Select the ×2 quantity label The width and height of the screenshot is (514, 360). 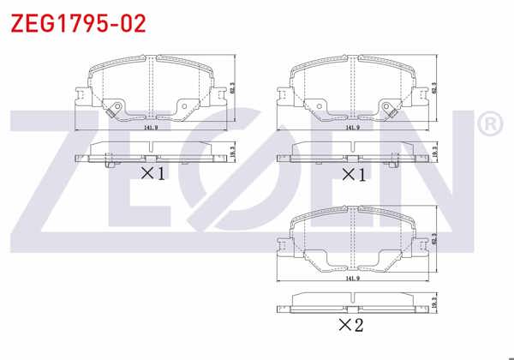pyautogui.click(x=350, y=325)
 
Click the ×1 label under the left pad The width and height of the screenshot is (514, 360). pyautogui.click(x=152, y=173)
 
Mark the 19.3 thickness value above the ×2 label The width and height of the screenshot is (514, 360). pyautogui.click(x=435, y=303)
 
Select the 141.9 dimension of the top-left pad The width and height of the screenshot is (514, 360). pyautogui.click(x=151, y=128)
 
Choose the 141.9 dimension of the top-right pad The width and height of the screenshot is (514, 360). pyautogui.click(x=351, y=128)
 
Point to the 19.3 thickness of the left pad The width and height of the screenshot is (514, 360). pyautogui.click(x=233, y=153)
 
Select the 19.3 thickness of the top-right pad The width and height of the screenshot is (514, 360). pyautogui.click(x=435, y=153)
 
